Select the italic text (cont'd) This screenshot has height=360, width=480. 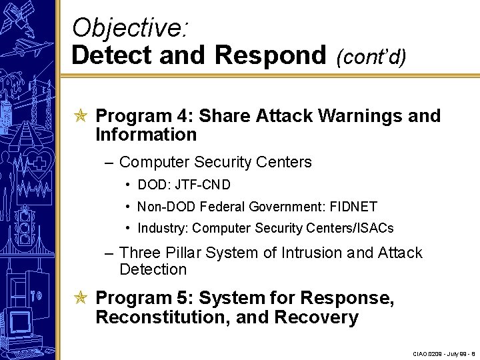click(371, 57)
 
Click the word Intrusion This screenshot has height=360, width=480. click(310, 253)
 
